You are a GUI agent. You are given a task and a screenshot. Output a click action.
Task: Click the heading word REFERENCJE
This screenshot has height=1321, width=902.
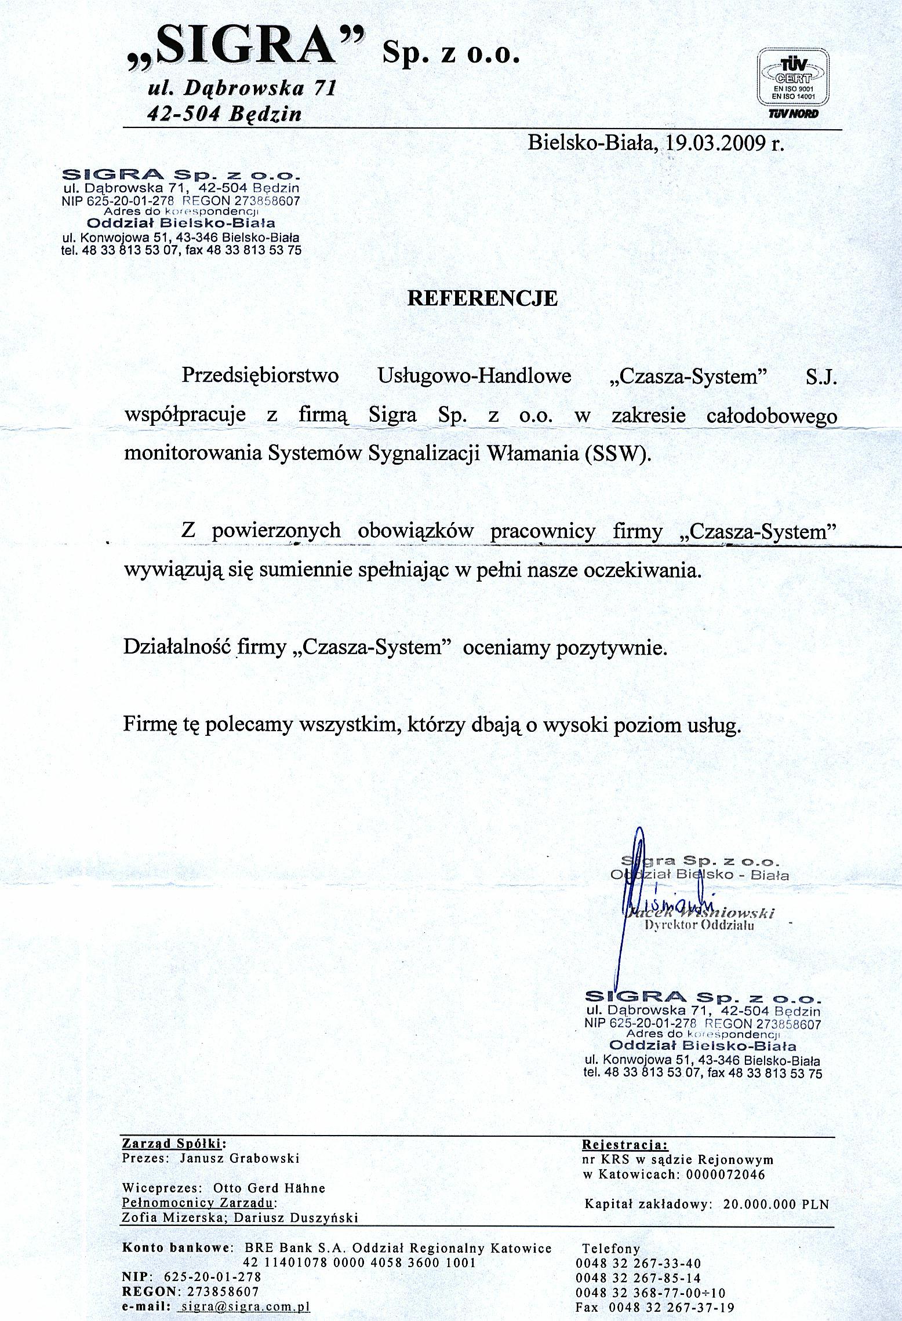(482, 298)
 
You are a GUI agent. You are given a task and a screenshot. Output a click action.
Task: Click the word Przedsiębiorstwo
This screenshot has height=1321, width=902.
(260, 376)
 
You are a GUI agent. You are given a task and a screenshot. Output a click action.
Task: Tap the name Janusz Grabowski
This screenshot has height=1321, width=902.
(239, 1158)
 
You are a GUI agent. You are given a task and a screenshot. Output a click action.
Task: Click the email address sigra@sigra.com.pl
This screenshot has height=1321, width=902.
(245, 1308)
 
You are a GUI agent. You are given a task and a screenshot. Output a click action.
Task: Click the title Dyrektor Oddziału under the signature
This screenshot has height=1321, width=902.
(699, 925)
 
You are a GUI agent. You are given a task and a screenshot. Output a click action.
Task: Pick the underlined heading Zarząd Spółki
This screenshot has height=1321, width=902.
(172, 1144)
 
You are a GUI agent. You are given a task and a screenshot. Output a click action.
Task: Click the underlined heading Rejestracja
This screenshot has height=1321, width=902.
(624, 1145)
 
